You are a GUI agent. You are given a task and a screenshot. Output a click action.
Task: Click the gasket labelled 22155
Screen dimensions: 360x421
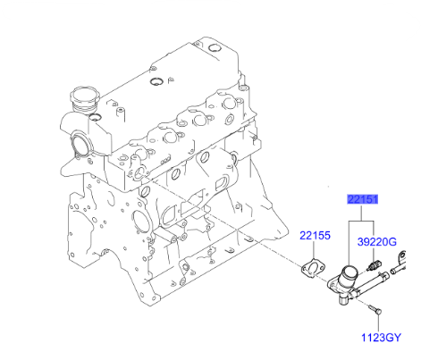[x=314, y=267]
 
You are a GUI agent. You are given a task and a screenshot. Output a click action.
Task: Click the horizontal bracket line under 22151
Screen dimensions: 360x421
[x=361, y=216]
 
